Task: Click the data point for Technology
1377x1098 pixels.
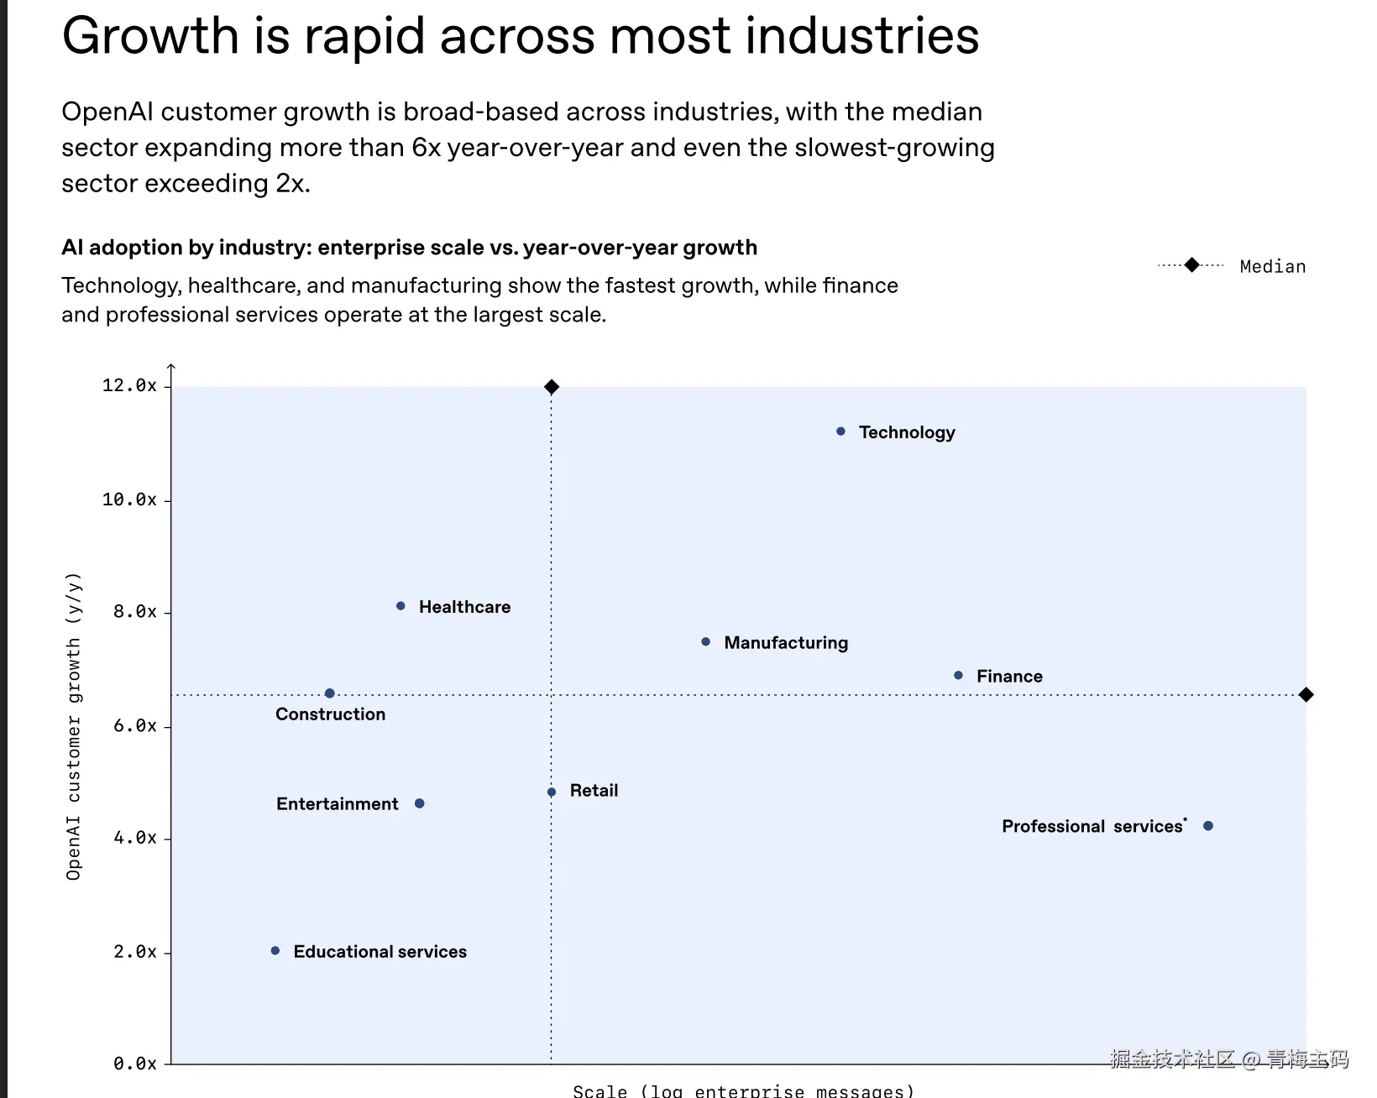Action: tap(840, 431)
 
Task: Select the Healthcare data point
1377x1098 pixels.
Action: tap(401, 606)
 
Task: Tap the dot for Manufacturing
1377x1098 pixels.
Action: tap(705, 642)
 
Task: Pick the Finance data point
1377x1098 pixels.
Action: tap(958, 675)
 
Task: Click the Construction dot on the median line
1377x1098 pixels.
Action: tap(329, 693)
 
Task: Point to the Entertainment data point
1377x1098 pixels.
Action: tap(420, 803)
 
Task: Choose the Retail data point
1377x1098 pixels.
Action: tap(552, 792)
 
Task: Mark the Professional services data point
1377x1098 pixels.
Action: tap(1208, 826)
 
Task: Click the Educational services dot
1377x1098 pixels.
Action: tap(275, 951)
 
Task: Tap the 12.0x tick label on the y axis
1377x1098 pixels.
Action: tap(129, 385)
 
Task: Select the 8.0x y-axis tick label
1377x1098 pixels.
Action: tap(135, 612)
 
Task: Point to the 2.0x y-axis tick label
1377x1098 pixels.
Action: tap(135, 952)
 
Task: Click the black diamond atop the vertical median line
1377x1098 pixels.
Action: tap(552, 387)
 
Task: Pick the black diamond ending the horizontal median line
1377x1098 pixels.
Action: tap(1306, 694)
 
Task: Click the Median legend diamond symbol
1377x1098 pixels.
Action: tap(1191, 265)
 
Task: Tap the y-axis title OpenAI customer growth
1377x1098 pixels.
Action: tap(74, 726)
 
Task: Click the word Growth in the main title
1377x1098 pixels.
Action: tap(151, 37)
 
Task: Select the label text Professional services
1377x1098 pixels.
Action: tap(1092, 827)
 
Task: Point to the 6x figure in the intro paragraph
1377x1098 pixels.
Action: tap(426, 148)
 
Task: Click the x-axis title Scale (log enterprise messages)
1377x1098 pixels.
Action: tap(743, 1090)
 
